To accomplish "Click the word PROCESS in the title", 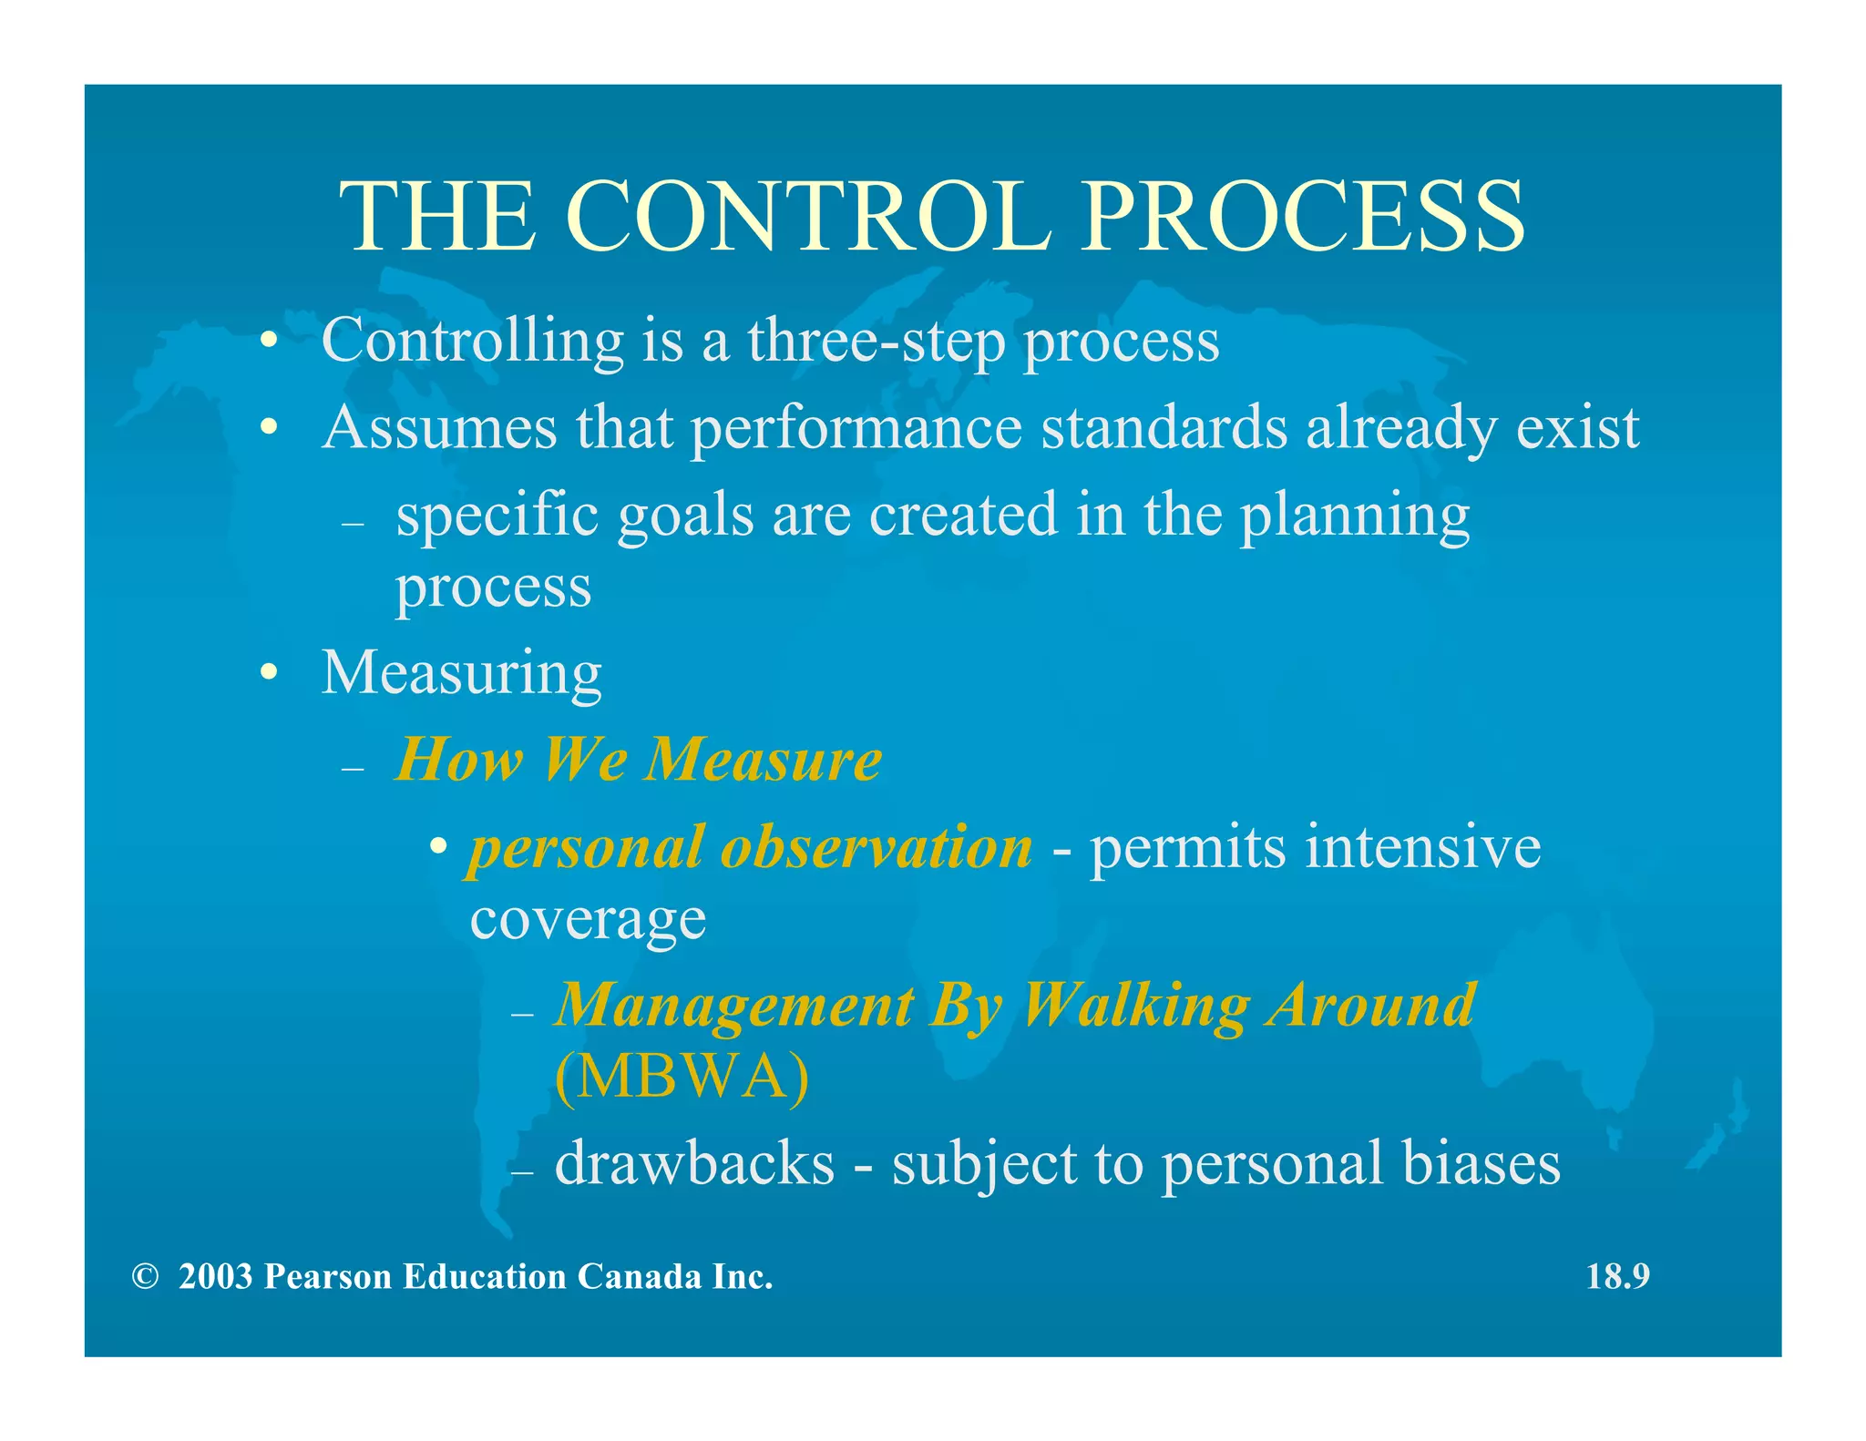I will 1302,217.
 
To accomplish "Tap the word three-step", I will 876,341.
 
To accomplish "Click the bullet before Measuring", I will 267,673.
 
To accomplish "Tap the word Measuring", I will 461,673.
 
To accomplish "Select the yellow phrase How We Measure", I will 639,760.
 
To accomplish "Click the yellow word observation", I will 876,847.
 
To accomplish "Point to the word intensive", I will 1422,847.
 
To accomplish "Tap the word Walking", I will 1134,1006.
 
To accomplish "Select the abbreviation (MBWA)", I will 682,1077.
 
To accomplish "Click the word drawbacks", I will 694,1163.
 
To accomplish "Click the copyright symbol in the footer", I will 144,1277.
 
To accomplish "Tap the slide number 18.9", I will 1617,1277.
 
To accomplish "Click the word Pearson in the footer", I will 328,1277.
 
